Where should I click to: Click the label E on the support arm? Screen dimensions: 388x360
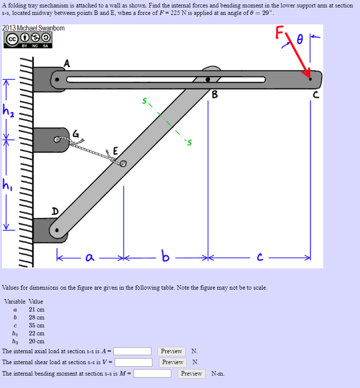pyautogui.click(x=116, y=151)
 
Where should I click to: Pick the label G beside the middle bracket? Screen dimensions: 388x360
pyautogui.click(x=75, y=133)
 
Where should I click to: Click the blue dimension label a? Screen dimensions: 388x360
pyautogui.click(x=89, y=257)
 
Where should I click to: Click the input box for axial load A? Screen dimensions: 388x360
pyautogui.click(x=133, y=351)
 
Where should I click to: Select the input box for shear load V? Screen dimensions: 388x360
pyautogui.click(x=134, y=362)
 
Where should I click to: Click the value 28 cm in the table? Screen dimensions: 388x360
pyautogui.click(x=36, y=317)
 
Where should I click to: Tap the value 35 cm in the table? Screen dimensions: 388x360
pyautogui.click(x=36, y=325)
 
